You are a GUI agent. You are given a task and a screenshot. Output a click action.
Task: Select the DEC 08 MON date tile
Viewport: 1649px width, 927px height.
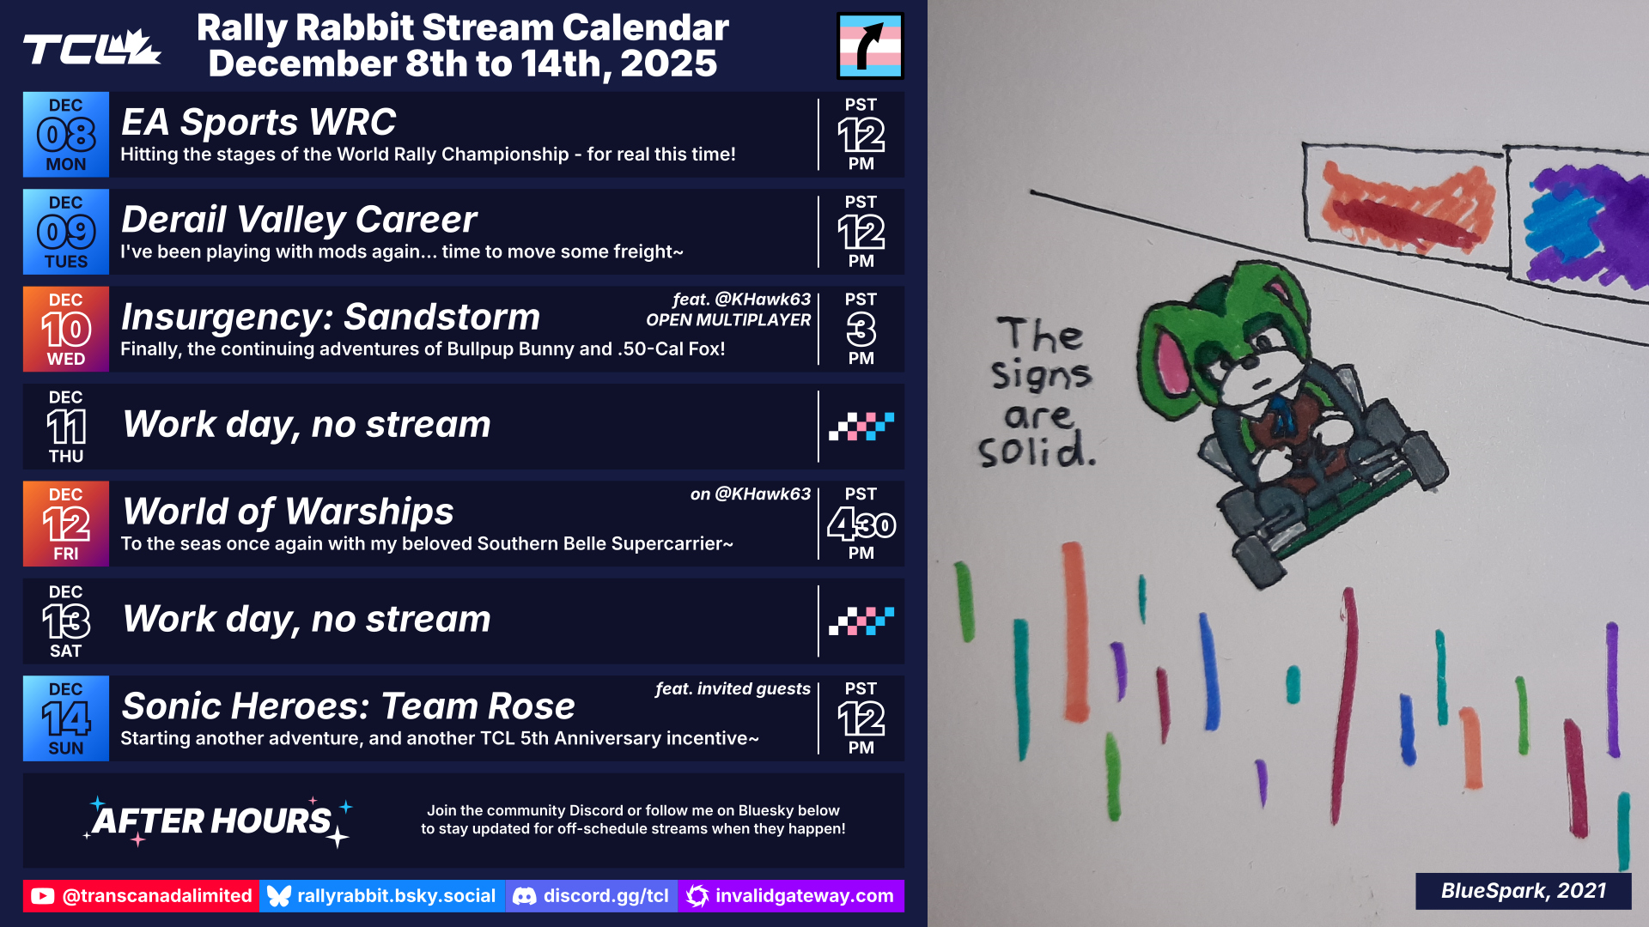tap(66, 135)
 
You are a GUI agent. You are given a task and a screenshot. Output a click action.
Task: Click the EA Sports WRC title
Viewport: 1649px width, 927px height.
tap(259, 122)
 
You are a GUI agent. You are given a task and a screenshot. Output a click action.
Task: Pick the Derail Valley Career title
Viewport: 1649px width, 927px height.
tap(299, 220)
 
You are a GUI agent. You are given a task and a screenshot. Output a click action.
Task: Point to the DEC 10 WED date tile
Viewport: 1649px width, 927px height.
tap(66, 329)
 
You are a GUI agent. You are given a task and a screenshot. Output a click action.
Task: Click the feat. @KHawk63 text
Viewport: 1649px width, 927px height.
tap(741, 299)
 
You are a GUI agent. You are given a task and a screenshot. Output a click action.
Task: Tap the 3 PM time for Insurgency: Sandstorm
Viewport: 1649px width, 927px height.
tap(861, 329)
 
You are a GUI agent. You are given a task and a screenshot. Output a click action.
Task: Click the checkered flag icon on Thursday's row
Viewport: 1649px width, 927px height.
tap(861, 427)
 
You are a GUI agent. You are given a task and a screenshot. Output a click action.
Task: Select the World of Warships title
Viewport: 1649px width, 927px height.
tap(288, 512)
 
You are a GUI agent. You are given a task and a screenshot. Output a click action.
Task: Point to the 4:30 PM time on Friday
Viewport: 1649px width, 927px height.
tap(861, 524)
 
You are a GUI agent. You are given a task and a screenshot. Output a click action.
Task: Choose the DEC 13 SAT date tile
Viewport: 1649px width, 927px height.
tap(66, 621)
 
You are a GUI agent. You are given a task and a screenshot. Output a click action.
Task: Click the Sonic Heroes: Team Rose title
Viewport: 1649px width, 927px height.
tap(348, 706)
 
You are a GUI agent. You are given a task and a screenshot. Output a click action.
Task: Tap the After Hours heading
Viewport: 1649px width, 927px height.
tap(212, 821)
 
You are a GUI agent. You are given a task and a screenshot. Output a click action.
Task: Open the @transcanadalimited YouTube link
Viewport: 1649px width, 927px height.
tap(141, 896)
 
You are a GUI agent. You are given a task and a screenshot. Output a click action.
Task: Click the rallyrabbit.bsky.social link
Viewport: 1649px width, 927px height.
tap(382, 896)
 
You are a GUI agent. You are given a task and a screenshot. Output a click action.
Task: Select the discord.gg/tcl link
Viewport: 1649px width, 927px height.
tap(592, 896)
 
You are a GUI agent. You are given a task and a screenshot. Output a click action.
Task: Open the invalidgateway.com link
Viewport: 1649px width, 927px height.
tap(791, 896)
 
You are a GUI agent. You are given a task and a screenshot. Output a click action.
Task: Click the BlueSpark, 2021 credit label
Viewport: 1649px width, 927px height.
tap(1523, 891)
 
